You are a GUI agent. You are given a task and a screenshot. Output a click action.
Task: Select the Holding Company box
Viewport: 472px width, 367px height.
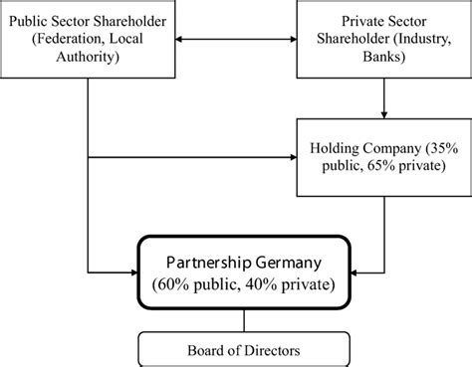click(384, 157)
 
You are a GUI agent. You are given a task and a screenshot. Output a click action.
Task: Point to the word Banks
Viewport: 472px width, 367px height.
click(384, 58)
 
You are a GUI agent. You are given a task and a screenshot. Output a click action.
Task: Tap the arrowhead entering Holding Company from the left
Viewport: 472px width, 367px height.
click(293, 156)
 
